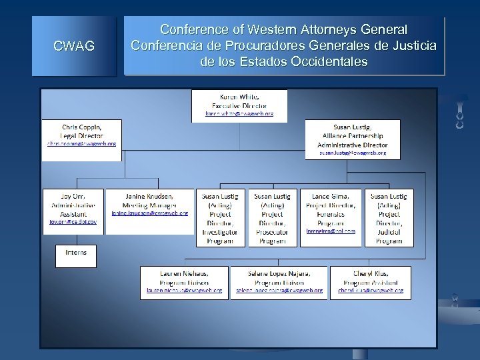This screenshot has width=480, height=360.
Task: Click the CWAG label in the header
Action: [73, 46]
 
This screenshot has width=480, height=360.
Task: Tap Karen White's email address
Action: [239, 114]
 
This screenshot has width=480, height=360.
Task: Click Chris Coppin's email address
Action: [81, 143]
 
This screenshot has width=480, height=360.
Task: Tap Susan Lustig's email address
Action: [353, 153]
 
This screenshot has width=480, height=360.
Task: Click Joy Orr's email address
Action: [73, 222]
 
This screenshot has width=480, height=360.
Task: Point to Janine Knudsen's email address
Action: [149, 213]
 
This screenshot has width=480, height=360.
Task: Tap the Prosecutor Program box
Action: [272, 218]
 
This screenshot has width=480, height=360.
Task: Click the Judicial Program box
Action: [389, 218]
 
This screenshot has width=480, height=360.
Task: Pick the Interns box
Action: [75, 255]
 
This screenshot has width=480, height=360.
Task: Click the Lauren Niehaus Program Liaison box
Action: [184, 282]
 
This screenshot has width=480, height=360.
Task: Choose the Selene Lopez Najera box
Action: [279, 282]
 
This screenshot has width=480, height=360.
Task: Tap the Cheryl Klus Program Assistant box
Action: [370, 282]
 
